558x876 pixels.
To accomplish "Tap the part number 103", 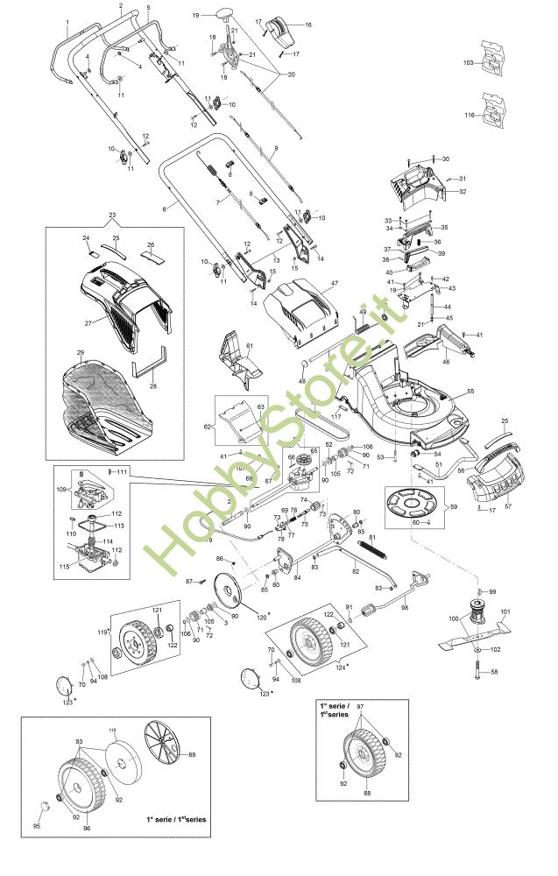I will click(468, 64).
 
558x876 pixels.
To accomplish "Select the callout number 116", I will click(469, 116).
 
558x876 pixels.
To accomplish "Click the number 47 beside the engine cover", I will click(334, 284).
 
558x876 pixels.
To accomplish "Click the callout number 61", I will click(249, 348).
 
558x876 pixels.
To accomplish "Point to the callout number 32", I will click(463, 191).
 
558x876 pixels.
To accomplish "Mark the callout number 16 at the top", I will click(307, 25).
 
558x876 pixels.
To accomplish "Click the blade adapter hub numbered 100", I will click(477, 612).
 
